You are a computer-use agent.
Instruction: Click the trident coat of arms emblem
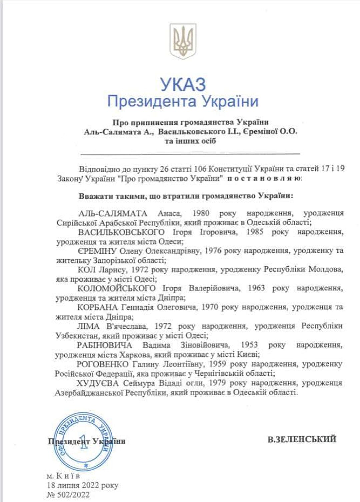tap(183, 41)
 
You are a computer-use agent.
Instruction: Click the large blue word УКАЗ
tap(183, 85)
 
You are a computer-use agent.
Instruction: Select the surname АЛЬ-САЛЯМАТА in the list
tap(113, 213)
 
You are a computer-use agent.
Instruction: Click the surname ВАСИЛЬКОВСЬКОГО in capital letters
tap(121, 232)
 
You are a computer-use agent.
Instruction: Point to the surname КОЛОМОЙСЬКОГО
tap(116, 288)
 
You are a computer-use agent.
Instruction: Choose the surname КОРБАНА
tap(97, 307)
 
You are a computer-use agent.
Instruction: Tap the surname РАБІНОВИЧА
tap(104, 345)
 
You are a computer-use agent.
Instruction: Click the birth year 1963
tap(256, 288)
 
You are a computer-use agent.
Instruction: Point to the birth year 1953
tap(249, 345)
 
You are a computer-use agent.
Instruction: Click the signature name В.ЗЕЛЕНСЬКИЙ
tap(302, 439)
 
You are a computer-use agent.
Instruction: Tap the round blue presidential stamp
tap(83, 441)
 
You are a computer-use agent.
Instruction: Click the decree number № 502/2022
tap(68, 495)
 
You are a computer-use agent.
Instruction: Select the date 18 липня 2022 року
tap(82, 485)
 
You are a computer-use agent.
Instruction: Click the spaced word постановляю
tap(265, 178)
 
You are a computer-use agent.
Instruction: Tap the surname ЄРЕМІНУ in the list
tap(97, 250)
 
